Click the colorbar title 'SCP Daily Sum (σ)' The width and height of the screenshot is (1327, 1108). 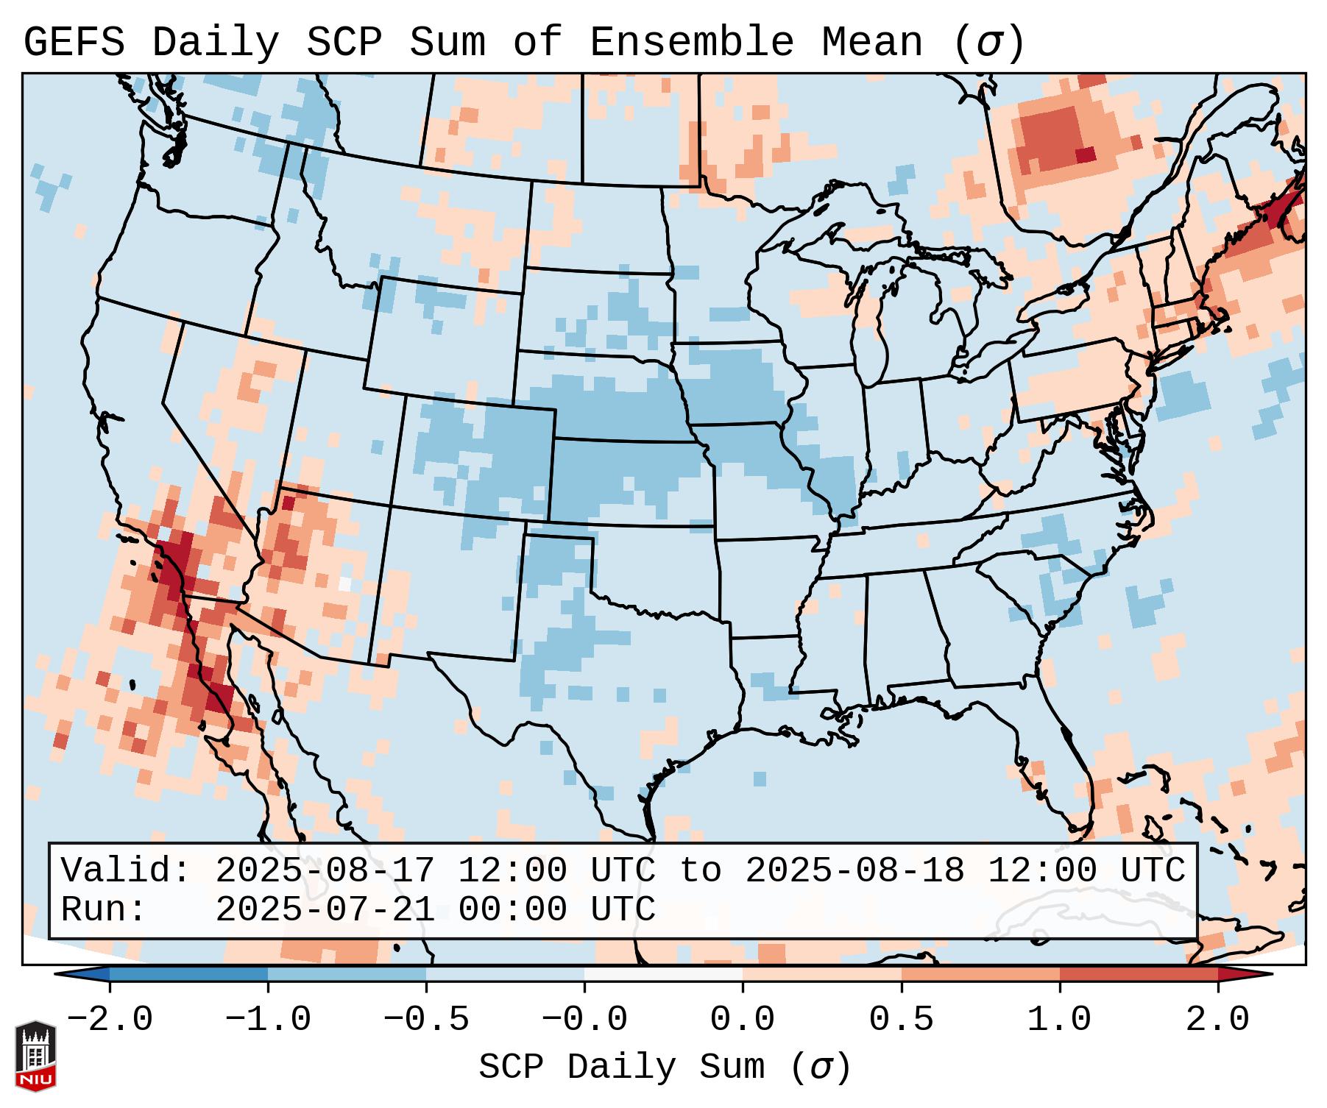tap(665, 1068)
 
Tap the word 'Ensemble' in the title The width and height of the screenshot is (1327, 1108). tap(691, 42)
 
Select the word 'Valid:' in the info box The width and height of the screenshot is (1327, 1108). tap(126, 870)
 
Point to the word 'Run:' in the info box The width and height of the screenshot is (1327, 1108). tap(104, 909)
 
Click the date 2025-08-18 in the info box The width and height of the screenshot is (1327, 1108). tap(854, 870)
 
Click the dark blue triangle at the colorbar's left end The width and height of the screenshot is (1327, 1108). tap(82, 974)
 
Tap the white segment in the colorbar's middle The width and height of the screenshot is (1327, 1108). tap(663, 974)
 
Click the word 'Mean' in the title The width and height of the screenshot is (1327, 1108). tap(871, 42)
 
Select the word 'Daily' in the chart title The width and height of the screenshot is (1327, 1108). tap(216, 42)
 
